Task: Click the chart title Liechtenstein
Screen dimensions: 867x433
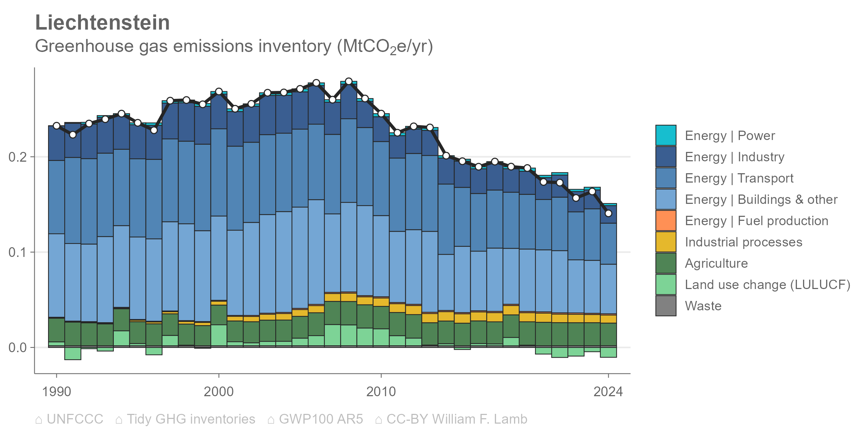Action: (x=103, y=23)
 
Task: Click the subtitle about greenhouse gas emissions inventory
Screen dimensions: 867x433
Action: (x=234, y=47)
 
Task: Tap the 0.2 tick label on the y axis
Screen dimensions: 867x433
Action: (x=18, y=157)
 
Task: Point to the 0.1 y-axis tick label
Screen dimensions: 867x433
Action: (x=18, y=252)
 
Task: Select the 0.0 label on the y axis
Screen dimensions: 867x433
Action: (x=18, y=347)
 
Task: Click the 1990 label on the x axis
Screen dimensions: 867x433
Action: (x=56, y=392)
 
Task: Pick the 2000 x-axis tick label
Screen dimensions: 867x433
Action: (x=219, y=392)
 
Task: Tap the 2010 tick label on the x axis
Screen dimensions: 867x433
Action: (x=381, y=392)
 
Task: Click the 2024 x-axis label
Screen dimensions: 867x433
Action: (x=608, y=392)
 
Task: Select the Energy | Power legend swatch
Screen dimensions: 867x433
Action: (x=666, y=136)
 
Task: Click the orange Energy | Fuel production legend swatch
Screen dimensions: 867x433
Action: (x=666, y=220)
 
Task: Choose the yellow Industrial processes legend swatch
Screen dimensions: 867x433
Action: (x=666, y=242)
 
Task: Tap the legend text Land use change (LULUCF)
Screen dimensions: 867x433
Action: (x=768, y=285)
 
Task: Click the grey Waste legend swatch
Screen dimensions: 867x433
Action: (x=666, y=306)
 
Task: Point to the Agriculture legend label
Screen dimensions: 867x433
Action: (x=716, y=263)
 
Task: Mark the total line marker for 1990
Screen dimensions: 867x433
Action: (x=56, y=126)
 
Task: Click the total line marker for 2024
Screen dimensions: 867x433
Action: (x=608, y=213)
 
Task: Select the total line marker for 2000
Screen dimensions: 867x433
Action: (x=219, y=92)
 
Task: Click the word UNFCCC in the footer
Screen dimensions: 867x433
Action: (x=75, y=419)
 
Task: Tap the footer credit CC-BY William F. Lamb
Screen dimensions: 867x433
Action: (x=457, y=419)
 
